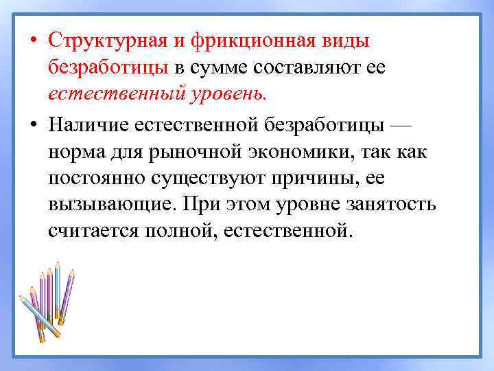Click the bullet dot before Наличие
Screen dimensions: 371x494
coord(33,125)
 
